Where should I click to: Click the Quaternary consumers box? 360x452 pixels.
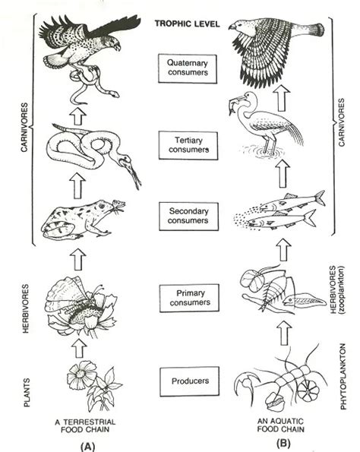[188, 68]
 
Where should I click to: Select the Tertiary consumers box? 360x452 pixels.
[188, 145]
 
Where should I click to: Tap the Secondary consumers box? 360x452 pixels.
[188, 217]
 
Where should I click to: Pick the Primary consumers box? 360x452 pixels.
[189, 298]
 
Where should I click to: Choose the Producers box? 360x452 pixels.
[190, 381]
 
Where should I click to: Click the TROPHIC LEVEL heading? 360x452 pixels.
[188, 24]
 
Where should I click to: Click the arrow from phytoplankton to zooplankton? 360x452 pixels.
[284, 332]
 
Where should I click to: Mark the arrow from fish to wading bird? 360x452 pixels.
[283, 173]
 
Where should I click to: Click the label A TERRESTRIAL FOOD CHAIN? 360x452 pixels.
[85, 425]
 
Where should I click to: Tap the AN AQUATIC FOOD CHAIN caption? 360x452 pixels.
[280, 425]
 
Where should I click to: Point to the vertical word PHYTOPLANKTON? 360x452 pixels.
[343, 376]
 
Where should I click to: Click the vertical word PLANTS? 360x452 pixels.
[27, 393]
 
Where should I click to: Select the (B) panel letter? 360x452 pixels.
[283, 443]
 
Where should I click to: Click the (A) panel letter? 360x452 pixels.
[87, 447]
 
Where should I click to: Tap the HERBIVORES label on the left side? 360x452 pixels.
[26, 308]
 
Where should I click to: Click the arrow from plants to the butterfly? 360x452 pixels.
[79, 348]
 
